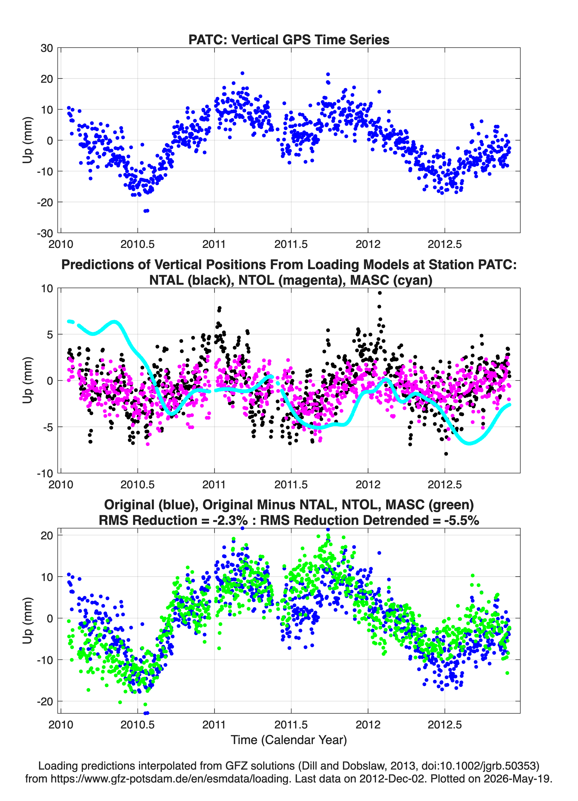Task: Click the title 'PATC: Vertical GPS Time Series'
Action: [289, 39]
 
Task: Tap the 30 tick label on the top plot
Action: [47, 48]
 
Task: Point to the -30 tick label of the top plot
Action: [45, 233]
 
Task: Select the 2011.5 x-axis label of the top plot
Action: [291, 244]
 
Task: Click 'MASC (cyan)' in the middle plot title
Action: [391, 280]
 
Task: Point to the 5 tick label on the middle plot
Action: [50, 334]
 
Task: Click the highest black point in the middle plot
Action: [380, 293]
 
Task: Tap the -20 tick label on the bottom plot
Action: [45, 701]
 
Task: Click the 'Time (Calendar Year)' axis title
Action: [289, 740]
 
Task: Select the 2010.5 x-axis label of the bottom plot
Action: [137, 725]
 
